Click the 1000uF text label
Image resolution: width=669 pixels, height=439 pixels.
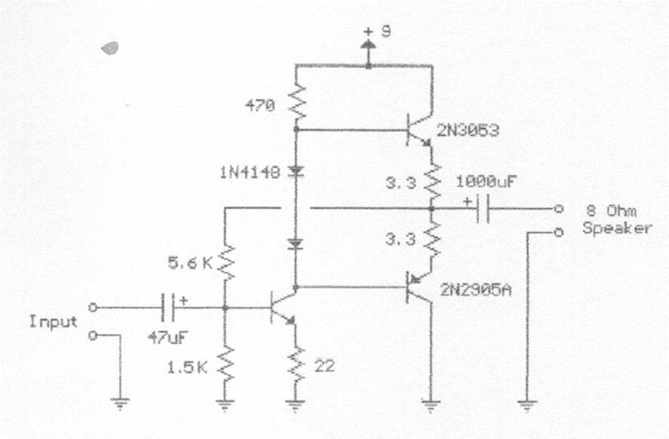click(486, 181)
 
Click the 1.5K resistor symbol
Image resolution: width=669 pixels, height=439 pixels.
click(225, 365)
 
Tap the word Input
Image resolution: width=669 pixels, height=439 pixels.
click(54, 321)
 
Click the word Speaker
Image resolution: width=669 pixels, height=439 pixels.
click(617, 229)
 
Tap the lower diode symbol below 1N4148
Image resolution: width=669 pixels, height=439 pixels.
click(295, 244)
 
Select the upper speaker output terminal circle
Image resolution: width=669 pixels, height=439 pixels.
click(558, 209)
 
